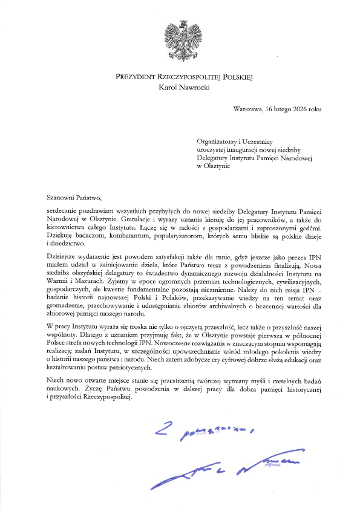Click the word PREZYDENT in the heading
point(139,77)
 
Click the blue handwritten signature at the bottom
point(224,469)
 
